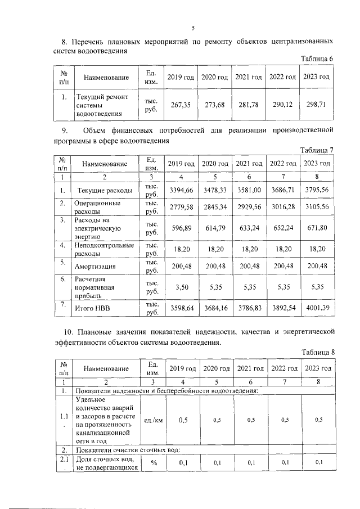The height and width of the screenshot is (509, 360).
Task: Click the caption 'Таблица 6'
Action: [318, 59]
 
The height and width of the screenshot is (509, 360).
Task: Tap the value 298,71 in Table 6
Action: [315, 105]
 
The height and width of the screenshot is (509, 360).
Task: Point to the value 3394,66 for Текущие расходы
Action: [181, 190]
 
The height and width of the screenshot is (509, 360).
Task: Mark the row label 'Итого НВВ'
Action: [91, 308]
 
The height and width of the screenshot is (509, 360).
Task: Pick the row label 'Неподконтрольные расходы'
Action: [104, 249]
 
